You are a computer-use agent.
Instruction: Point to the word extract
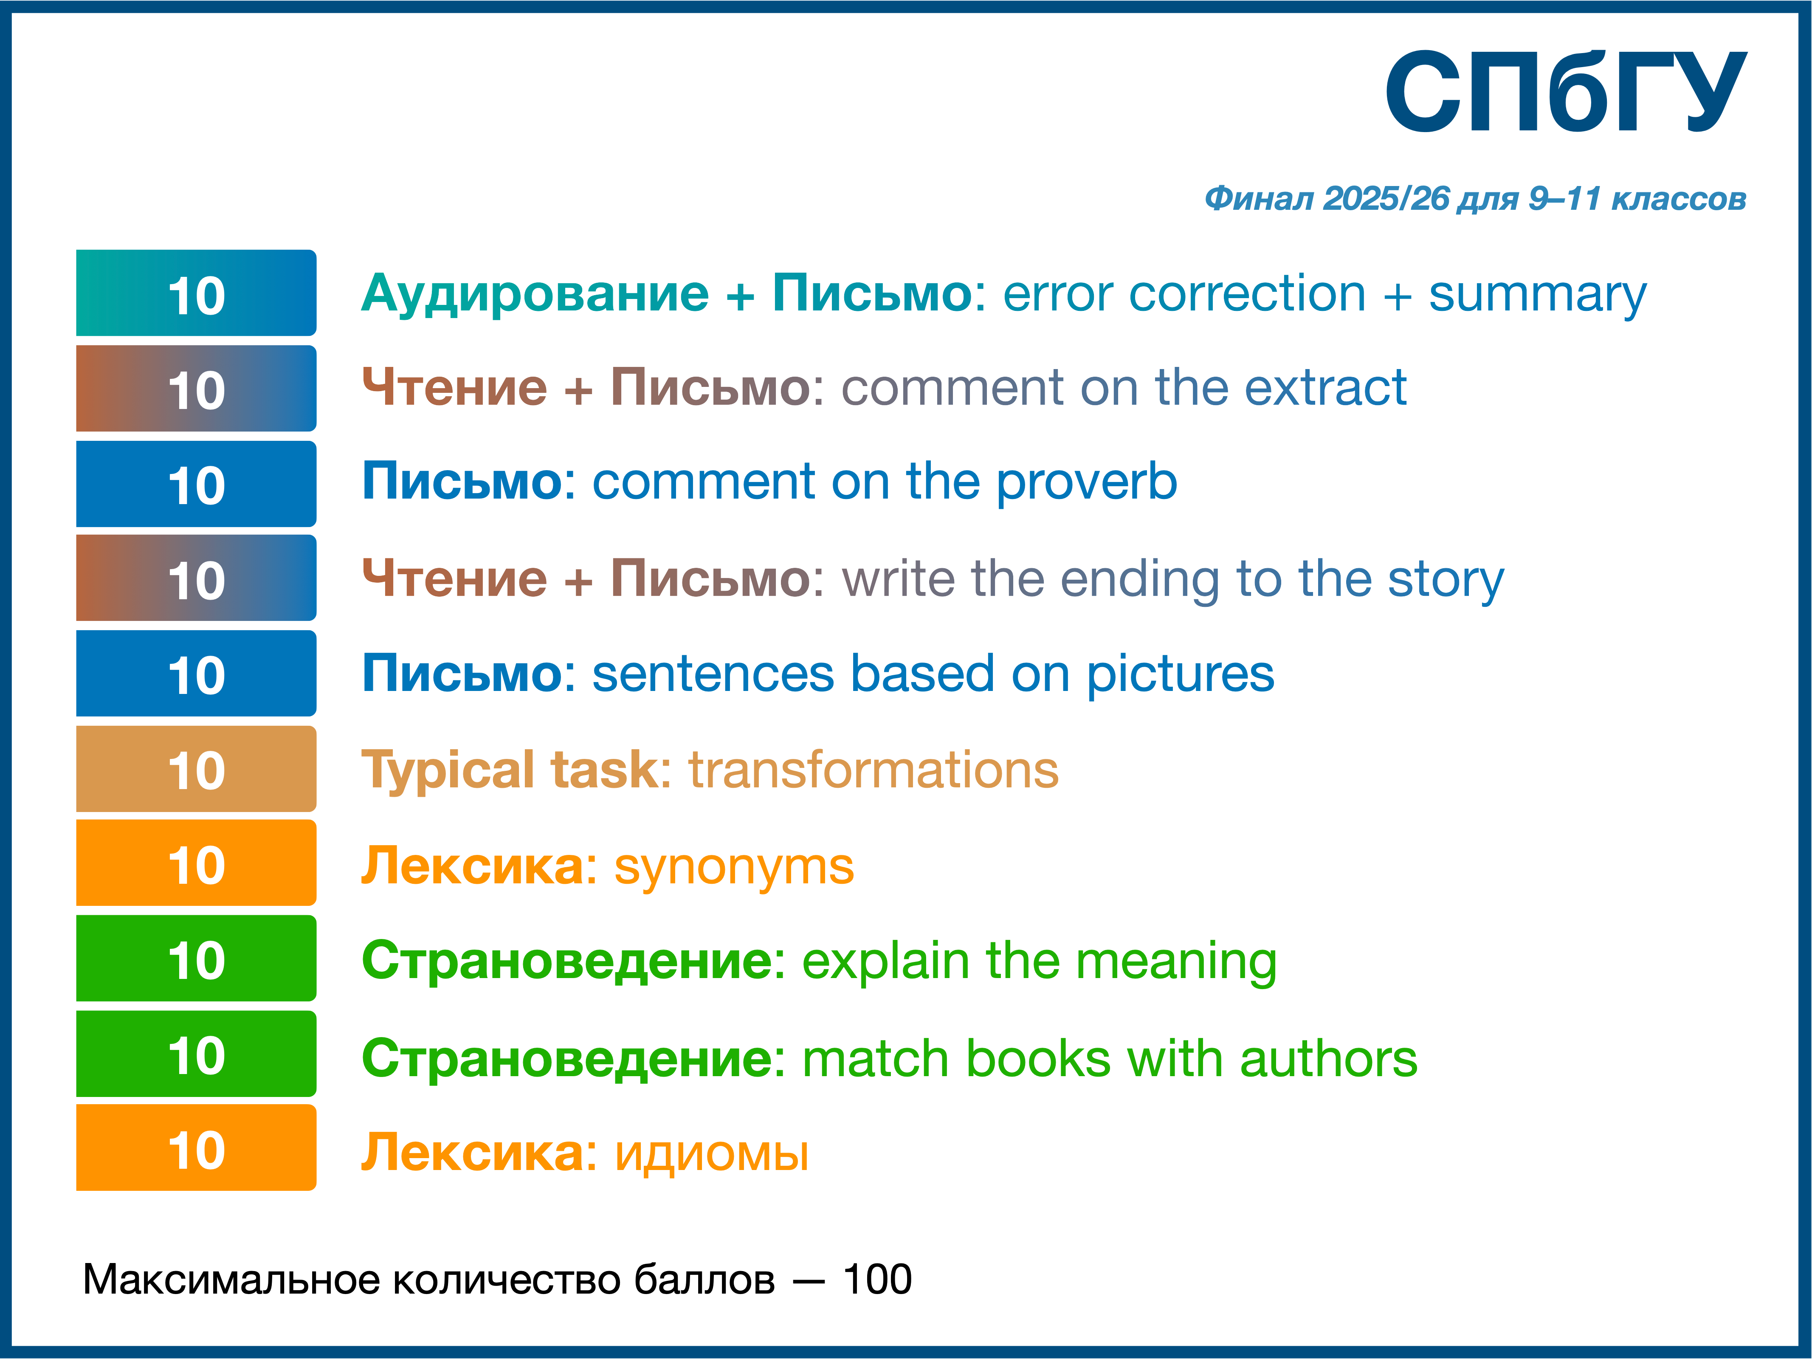click(x=1325, y=388)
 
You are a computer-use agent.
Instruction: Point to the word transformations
click(x=873, y=770)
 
